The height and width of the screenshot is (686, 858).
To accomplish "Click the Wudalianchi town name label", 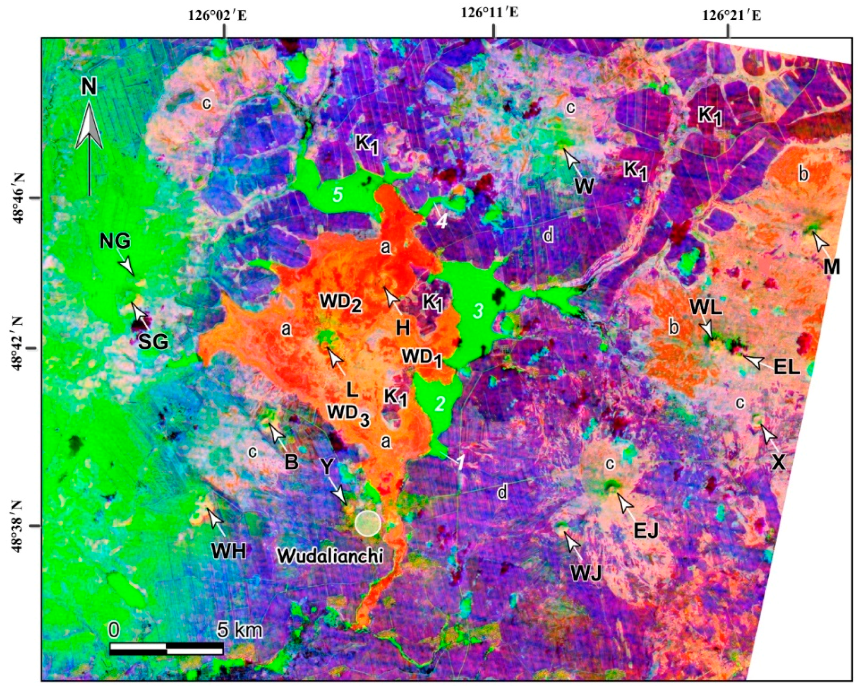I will [x=330, y=556].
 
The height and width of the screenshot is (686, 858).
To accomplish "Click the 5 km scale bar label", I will [x=240, y=630].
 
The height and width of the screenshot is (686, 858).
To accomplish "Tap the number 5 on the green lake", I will [x=337, y=196].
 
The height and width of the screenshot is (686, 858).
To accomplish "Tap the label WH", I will [x=229, y=551].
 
